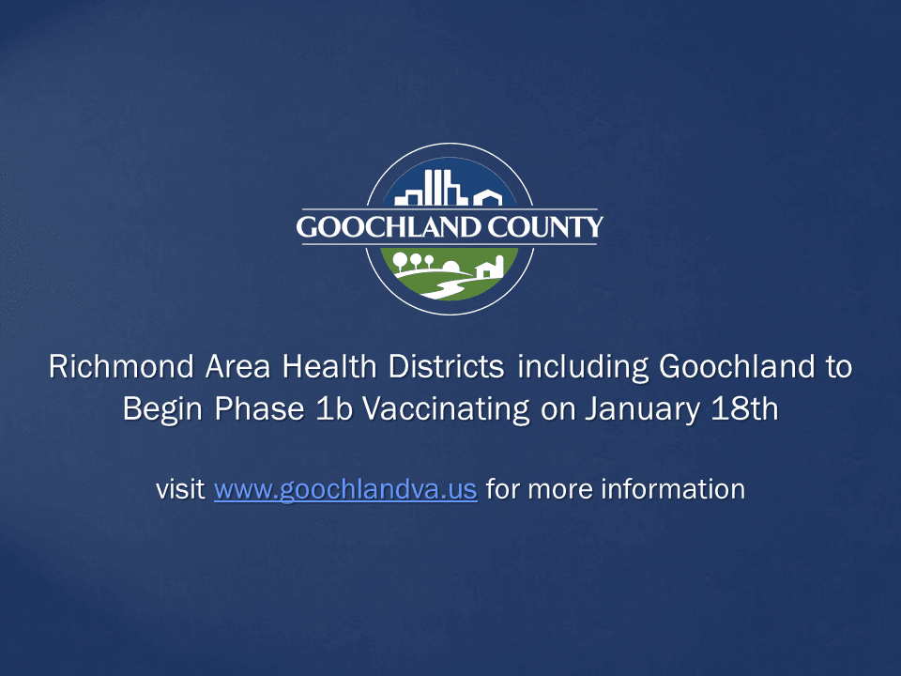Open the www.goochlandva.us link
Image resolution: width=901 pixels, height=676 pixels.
[x=345, y=490]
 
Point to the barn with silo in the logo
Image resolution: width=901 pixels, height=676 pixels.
[x=491, y=268]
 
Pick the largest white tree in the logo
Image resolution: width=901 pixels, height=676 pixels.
[x=401, y=261]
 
